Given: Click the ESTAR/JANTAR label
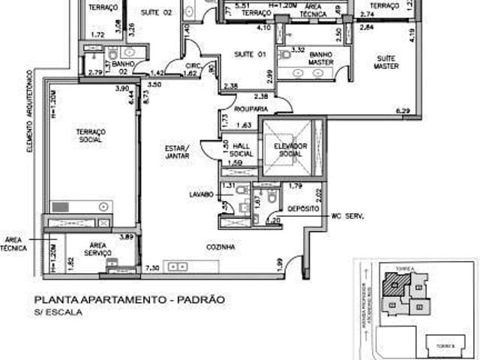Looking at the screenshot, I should pos(178,152).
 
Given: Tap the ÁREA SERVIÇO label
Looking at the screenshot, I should pos(99,249).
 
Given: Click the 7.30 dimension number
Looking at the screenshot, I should pos(152,268).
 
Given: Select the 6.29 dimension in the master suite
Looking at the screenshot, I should pos(403,112).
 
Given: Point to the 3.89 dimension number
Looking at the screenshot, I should pos(127,237).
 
